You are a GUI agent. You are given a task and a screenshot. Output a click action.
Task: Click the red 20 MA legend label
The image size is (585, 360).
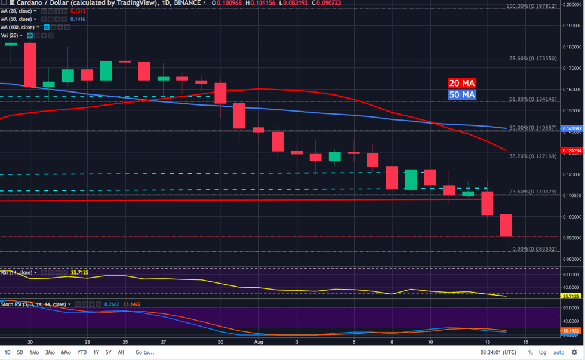click(462, 84)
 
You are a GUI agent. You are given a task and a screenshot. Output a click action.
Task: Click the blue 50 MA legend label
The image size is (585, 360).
click(462, 94)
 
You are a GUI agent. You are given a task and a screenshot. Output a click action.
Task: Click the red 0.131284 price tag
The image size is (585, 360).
click(572, 150)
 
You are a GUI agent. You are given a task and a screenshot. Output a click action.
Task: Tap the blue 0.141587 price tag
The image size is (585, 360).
click(572, 128)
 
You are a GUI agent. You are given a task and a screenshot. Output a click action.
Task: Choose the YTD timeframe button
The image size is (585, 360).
click(82, 352)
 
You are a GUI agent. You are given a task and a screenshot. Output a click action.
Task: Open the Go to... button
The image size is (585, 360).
click(145, 352)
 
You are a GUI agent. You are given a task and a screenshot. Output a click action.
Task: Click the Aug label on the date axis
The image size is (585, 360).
click(258, 343)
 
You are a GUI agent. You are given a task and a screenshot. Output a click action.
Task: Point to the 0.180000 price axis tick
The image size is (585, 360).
click(572, 47)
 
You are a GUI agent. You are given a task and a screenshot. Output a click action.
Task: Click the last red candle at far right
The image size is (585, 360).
click(506, 225)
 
